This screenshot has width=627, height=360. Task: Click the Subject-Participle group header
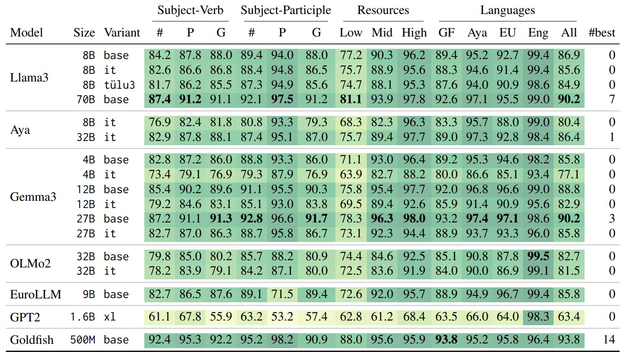tap(285, 11)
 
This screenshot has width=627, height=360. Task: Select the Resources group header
tap(383, 11)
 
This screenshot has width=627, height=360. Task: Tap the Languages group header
tap(507, 11)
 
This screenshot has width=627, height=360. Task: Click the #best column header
tap(602, 33)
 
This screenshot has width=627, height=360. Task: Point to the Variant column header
tap(122, 33)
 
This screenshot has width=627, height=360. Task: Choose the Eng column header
tap(538, 33)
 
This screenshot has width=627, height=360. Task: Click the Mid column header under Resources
tap(382, 33)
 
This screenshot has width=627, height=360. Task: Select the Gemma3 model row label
tap(33, 197)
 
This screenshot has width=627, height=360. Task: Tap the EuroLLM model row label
tap(36, 294)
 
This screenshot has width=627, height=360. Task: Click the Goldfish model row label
tap(32, 340)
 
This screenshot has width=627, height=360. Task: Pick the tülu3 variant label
tap(119, 85)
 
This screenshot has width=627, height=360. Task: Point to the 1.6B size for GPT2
tap(82, 317)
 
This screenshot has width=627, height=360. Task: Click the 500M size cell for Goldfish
tap(82, 340)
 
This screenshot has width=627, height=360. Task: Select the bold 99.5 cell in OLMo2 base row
tap(538, 256)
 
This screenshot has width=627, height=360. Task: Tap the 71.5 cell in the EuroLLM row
tap(282, 294)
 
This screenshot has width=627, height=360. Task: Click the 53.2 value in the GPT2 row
tap(282, 317)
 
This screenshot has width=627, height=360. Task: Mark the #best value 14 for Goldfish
tap(609, 340)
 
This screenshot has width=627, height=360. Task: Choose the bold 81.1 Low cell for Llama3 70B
tap(351, 100)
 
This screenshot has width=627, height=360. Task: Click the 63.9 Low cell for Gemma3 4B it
tap(351, 174)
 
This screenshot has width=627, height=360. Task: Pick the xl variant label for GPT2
tap(110, 317)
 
